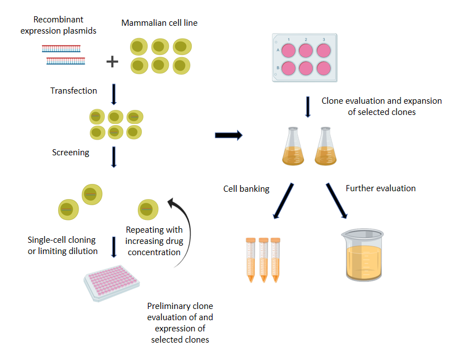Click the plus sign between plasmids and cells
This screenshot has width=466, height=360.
coord(113,61)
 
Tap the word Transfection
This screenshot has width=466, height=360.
coord(73,91)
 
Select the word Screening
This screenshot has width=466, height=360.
coord(71,153)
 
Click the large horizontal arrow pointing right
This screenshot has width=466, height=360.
coord(228,135)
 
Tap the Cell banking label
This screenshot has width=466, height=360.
coord(246,189)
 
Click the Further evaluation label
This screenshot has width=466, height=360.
coord(381,188)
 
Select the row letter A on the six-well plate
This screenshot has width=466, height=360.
coord(278,50)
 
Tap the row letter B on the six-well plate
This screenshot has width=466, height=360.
coord(278,68)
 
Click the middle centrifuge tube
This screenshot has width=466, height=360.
coord(264,259)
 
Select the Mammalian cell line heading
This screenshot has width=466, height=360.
coord(159,23)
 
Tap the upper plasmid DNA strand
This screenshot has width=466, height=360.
coord(61,49)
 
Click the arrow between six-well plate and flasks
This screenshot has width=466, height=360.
coord(307,107)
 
